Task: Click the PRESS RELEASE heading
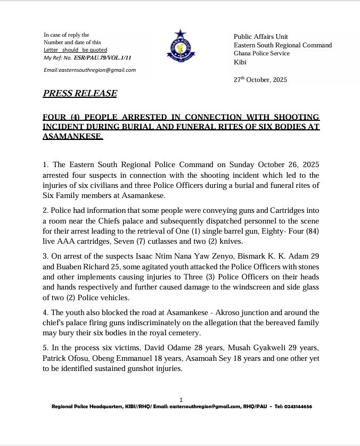click(80, 94)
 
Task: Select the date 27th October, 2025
click(260, 80)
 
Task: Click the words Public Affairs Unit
click(261, 37)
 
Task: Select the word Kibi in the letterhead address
click(241, 62)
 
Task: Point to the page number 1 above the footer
click(181, 400)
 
